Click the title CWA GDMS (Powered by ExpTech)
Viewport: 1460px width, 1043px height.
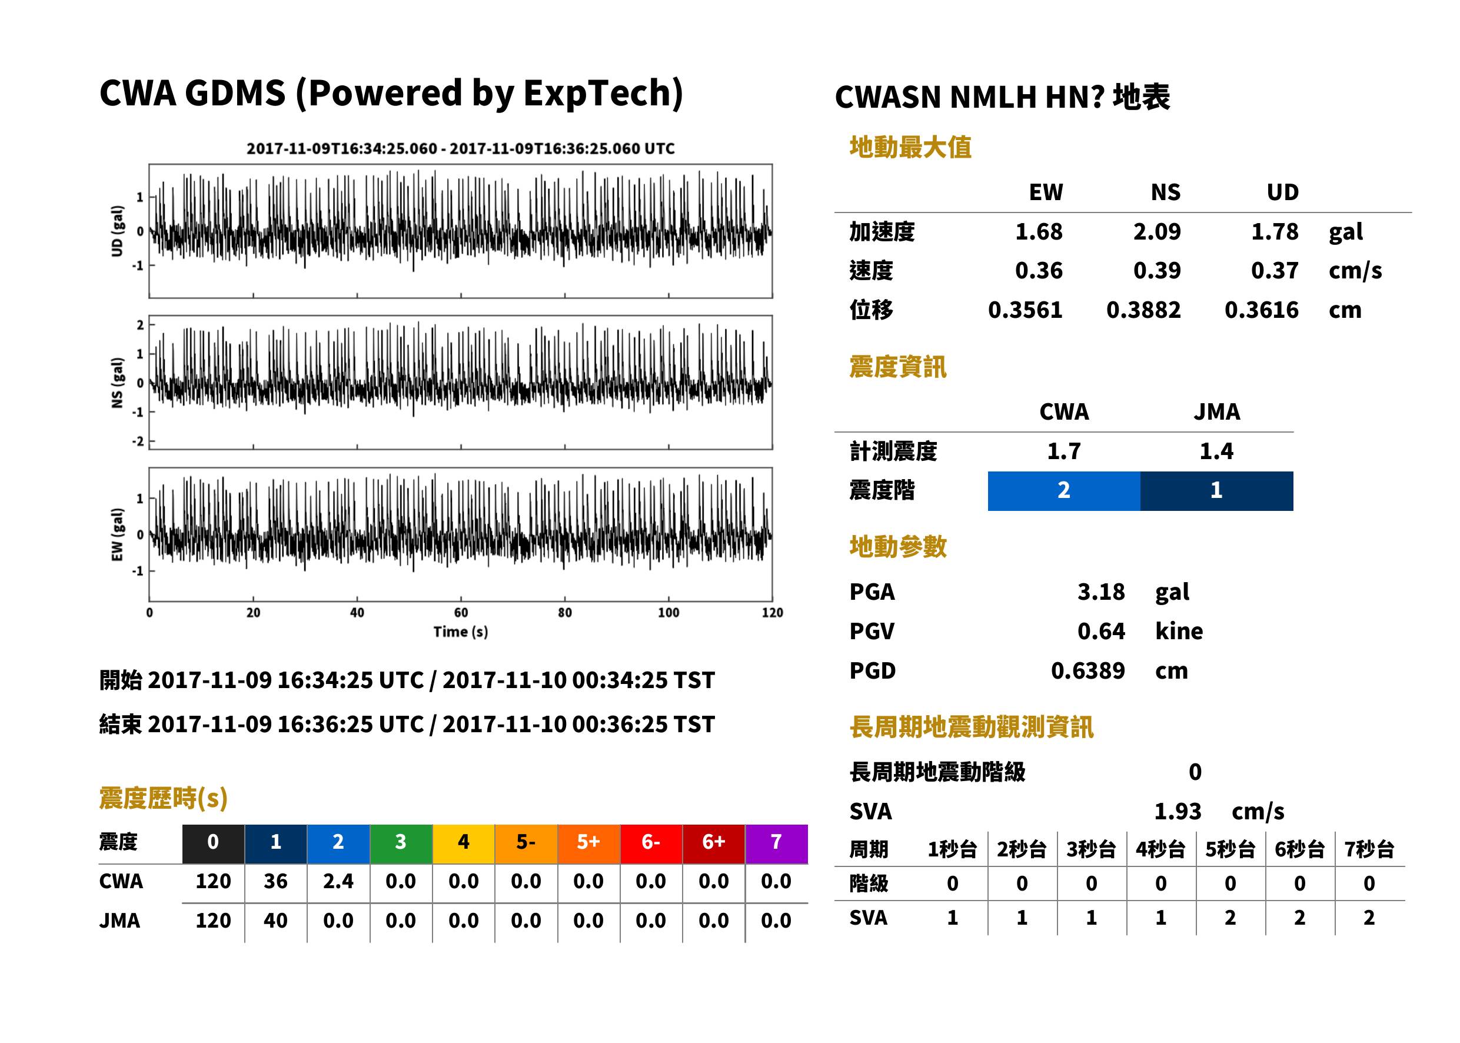[x=391, y=94]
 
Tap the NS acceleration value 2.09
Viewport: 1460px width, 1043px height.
[x=1156, y=232]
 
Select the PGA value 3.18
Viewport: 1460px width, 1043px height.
[x=1100, y=592]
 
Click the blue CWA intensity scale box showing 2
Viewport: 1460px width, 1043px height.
[x=1064, y=491]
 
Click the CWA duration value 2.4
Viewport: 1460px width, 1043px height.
[x=338, y=881]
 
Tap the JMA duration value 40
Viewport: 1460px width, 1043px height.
[x=275, y=921]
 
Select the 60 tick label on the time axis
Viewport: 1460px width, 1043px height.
[x=461, y=613]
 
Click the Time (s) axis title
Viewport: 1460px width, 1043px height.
[x=460, y=632]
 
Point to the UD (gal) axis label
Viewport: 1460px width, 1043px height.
[x=117, y=231]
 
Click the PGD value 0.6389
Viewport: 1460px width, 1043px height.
[x=1087, y=671]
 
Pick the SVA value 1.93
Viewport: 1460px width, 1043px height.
[x=1178, y=812]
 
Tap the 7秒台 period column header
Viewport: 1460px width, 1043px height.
[x=1369, y=850]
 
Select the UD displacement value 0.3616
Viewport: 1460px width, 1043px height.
[x=1262, y=310]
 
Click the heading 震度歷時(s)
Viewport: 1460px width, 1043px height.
[x=164, y=798]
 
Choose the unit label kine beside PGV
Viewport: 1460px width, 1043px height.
[x=1179, y=632]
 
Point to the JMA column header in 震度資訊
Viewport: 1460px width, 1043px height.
[x=1217, y=411]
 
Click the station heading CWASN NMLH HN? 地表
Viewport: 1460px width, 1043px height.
[x=1002, y=98]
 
